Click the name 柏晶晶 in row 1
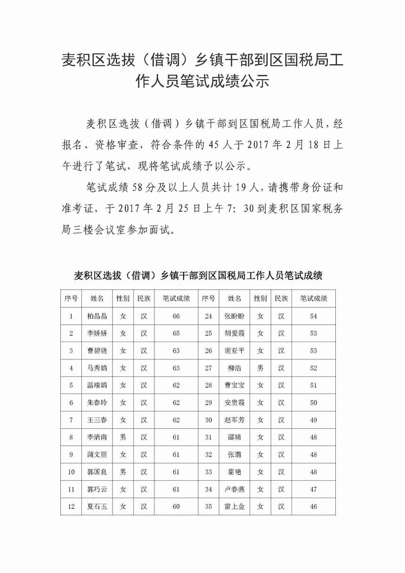[97, 316]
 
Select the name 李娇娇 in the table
[97, 334]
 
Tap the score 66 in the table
[176, 316]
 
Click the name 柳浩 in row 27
[235, 368]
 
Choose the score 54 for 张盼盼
[314, 316]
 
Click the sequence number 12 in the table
[71, 507]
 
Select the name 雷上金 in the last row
[235, 507]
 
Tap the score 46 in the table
[314, 507]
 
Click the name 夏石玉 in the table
[97, 507]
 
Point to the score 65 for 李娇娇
[176, 334]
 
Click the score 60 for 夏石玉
[176, 507]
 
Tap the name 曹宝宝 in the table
[235, 385]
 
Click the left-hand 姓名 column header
[97, 299]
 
